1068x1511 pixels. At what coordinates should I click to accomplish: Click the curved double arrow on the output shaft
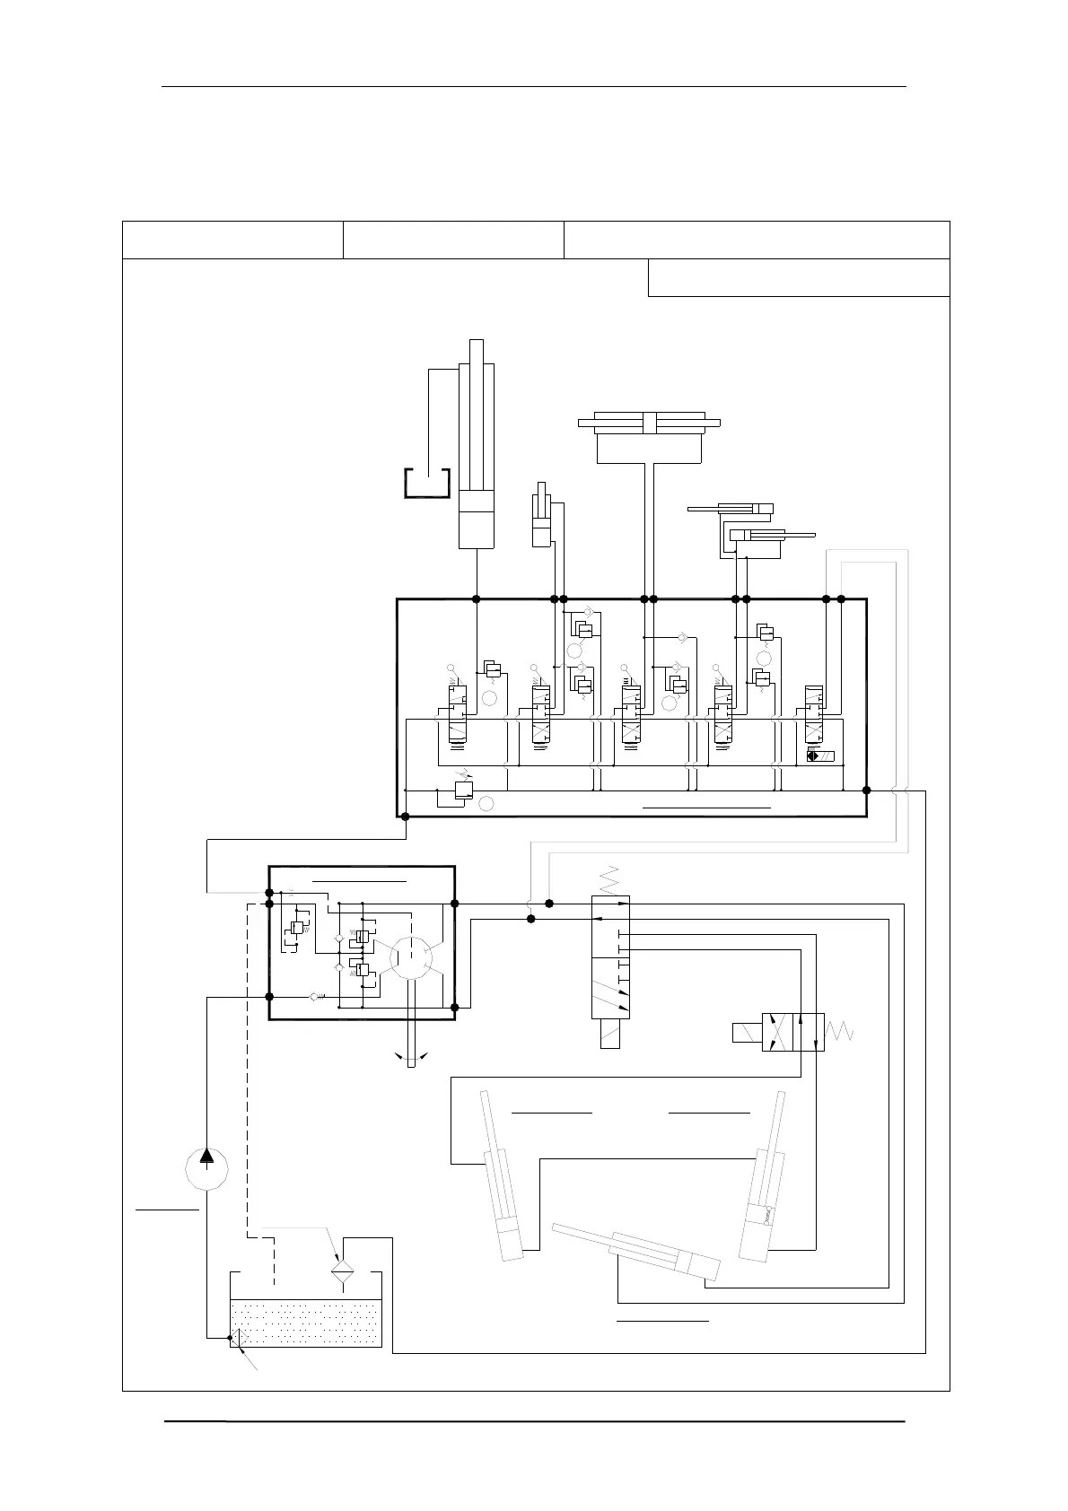pyautogui.click(x=411, y=1057)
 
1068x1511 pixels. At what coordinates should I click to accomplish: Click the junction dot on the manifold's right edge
pyautogui.click(x=866, y=790)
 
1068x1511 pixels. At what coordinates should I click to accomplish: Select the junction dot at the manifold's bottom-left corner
pyautogui.click(x=405, y=817)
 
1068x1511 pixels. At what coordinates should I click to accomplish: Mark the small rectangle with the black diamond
pyautogui.click(x=820, y=755)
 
